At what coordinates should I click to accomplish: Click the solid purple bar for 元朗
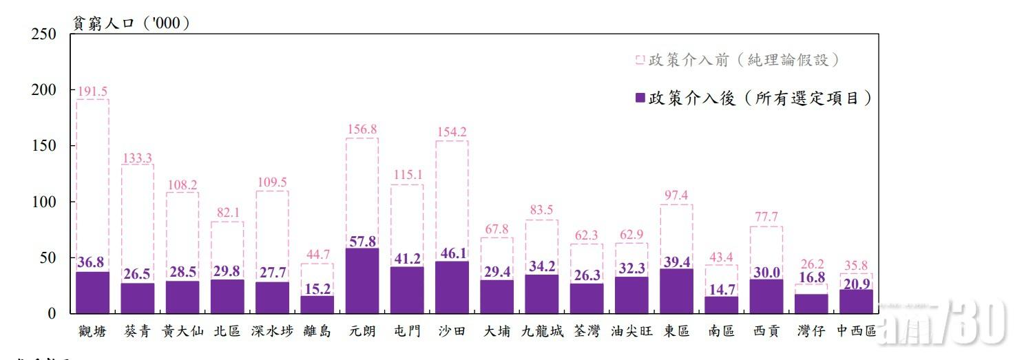point(362,281)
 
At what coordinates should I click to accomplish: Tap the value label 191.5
point(92,91)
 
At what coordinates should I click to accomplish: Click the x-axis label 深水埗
point(272,331)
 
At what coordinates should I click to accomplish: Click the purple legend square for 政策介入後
point(640,99)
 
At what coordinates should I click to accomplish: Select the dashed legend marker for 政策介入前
point(640,61)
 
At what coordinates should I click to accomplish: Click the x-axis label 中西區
point(856,331)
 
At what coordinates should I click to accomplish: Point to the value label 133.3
point(138,158)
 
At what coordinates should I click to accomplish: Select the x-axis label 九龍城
point(542,331)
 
